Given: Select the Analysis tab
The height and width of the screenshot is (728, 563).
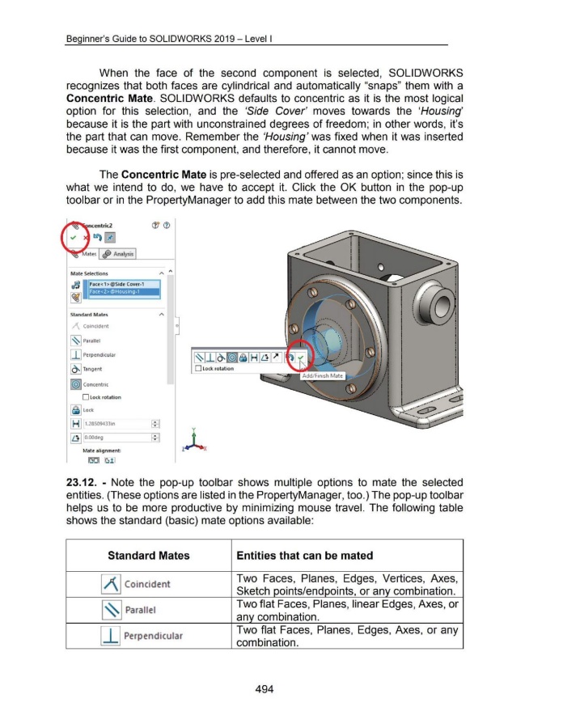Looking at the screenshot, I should [116, 255].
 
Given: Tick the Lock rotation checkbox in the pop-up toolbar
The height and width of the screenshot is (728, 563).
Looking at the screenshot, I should [197, 369].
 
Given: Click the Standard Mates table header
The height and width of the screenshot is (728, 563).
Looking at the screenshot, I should [148, 555].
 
